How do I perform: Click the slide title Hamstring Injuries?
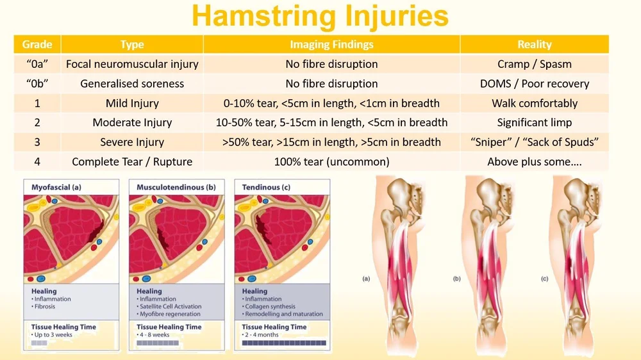pos(320,17)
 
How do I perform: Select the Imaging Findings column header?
pos(331,44)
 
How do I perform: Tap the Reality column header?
pos(534,44)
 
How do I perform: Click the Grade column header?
pos(37,44)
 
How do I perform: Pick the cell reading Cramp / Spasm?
pos(534,64)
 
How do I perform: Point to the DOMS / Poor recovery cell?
pos(534,84)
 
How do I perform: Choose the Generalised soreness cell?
pos(132,84)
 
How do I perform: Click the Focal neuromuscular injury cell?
pos(132,64)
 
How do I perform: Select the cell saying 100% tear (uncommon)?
pos(331,162)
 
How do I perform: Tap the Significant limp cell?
pos(534,123)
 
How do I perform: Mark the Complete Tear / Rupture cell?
pos(132,162)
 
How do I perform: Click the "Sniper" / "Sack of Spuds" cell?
pos(534,142)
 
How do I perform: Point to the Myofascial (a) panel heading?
pos(56,187)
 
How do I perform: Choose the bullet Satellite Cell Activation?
pos(171,306)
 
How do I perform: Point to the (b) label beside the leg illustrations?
pos(456,279)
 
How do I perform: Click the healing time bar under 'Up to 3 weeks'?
pos(39,343)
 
